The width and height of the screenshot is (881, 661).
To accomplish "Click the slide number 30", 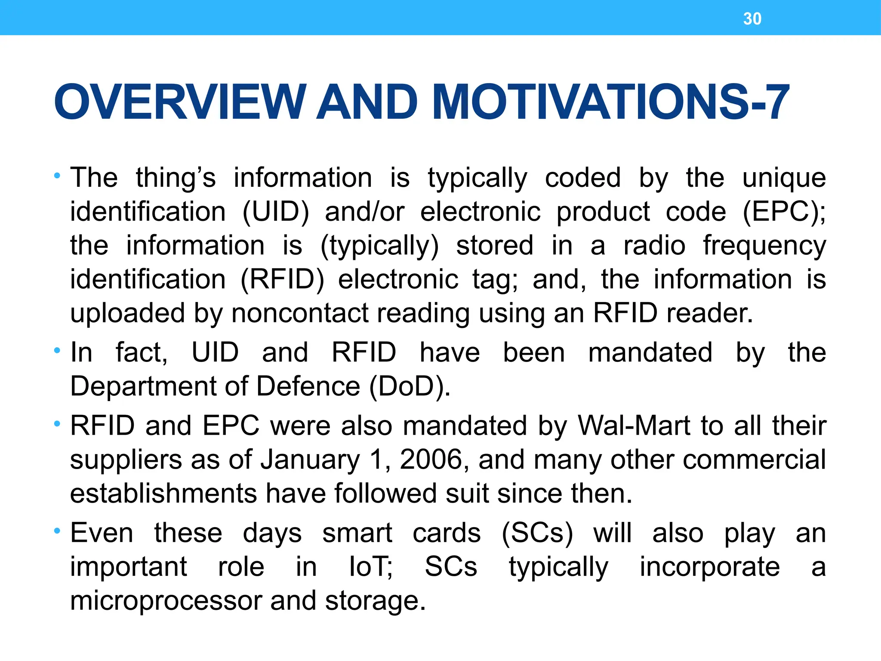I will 752,19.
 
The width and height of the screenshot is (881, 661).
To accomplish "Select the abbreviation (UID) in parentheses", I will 276,212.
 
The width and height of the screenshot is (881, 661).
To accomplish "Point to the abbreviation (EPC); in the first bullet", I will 784,212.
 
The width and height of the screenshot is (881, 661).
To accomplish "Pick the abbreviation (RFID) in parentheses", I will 282,280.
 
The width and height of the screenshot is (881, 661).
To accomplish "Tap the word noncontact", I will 300,313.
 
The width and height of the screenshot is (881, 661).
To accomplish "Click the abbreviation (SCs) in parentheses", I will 537,534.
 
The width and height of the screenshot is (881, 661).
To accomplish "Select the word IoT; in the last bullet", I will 370,567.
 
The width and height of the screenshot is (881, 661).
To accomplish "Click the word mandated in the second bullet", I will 650,353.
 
